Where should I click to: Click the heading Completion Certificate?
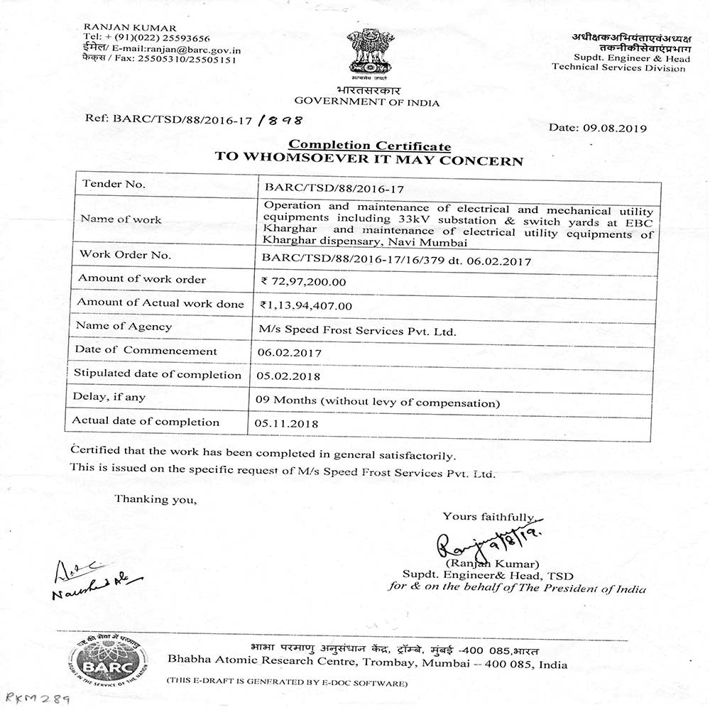click(369, 146)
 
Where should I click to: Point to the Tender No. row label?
click(114, 184)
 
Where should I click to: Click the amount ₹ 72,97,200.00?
click(304, 281)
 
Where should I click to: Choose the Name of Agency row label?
click(125, 327)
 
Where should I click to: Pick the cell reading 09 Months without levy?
click(377, 402)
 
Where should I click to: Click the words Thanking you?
click(155, 498)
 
